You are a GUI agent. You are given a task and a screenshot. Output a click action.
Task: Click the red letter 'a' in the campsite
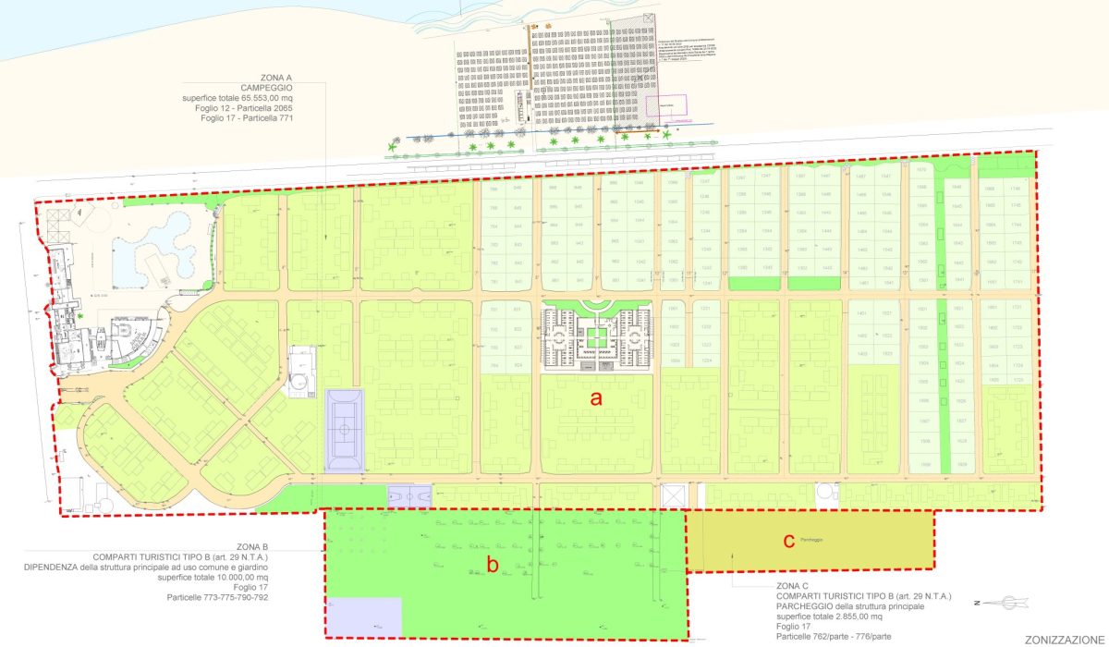point(597,398)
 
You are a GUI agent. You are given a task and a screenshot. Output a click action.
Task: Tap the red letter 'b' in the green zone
point(494,564)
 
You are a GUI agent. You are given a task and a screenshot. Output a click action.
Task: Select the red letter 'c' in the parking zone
point(788,541)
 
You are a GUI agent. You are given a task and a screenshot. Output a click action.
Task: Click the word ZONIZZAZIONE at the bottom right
point(1063,639)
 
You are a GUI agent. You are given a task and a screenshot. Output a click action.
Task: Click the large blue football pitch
point(345,430)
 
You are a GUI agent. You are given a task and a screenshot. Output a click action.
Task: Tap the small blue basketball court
point(410,497)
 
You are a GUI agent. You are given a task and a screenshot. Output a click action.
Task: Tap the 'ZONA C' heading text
point(792,587)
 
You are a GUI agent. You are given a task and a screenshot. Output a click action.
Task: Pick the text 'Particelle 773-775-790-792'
point(217,597)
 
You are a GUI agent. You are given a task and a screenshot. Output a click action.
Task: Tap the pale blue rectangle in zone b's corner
point(364,616)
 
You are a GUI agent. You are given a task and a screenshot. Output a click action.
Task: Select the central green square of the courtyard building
point(598,336)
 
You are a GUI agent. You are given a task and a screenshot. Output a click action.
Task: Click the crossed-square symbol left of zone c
point(672,496)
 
